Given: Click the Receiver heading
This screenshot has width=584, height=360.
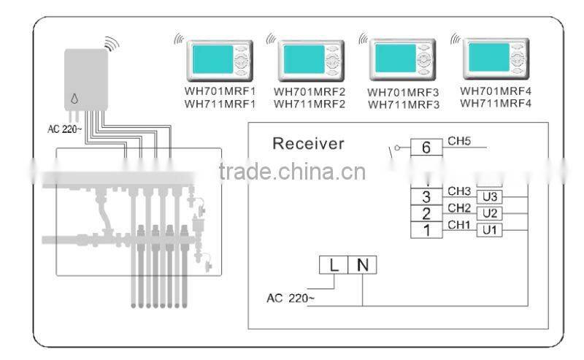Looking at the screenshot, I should coord(307,143).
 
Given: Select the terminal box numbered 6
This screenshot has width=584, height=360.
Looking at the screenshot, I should coord(426,148).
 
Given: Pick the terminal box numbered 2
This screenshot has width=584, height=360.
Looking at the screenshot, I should coord(426,213).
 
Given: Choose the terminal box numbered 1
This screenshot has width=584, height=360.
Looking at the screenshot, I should coord(426,230).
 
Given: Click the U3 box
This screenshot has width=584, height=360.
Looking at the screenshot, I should coord(490,197).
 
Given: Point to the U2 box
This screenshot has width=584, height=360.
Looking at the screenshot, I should coord(490,214).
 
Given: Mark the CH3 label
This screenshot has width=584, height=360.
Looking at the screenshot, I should coord(459,191).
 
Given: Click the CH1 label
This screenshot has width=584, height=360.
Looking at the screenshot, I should coord(459,224).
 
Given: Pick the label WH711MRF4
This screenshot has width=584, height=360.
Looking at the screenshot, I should coord(496,103).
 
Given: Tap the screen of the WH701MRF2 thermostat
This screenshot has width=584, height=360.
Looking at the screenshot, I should coord(303,58).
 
